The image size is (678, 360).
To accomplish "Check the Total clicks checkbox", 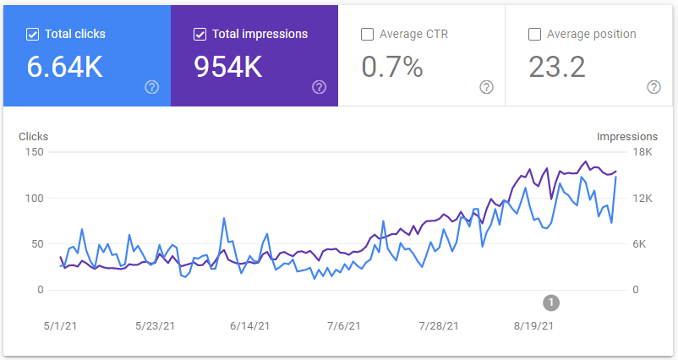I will coord(33,35).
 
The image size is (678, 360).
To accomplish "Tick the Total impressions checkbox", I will coord(200,35).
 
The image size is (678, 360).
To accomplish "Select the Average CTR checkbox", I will coord(367,35).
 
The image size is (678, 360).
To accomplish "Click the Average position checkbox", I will coord(534,35).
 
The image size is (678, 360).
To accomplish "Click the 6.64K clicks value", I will coord(65,67).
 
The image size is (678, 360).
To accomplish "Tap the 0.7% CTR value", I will coord(392,67).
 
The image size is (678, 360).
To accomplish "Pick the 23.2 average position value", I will coord(557,67).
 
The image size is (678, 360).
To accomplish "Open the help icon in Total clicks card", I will coord(152,87).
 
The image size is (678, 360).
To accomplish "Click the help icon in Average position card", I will coord(653,87).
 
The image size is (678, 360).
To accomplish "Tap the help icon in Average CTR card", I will coord(486,87).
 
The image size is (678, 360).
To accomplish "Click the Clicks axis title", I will coord(33,136).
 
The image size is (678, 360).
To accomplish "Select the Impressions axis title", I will coord(627,136).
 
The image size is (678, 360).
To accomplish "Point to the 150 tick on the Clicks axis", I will coord(35,152).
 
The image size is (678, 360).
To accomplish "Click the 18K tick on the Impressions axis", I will coord(643,152).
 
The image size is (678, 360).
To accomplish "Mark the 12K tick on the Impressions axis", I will coord(643,199).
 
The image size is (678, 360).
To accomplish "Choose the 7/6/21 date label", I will coord(343,325).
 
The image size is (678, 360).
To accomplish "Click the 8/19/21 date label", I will coord(533,325).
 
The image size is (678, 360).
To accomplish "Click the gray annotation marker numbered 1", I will coord(551,302).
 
